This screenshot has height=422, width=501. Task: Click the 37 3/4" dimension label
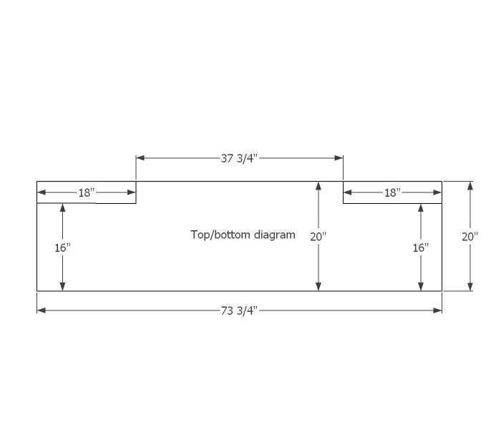pyautogui.click(x=238, y=158)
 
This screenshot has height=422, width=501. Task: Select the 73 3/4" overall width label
pyautogui.click(x=238, y=310)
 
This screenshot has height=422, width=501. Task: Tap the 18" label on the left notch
pyautogui.click(x=87, y=192)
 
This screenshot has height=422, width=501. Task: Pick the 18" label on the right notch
pyautogui.click(x=392, y=192)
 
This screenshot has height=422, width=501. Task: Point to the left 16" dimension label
pyautogui.click(x=62, y=247)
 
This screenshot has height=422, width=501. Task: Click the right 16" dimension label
pyautogui.click(x=421, y=247)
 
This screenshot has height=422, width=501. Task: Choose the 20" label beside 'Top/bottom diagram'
pyautogui.click(x=318, y=236)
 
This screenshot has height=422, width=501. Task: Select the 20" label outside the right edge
pyautogui.click(x=470, y=236)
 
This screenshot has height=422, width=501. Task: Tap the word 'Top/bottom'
pyautogui.click(x=218, y=234)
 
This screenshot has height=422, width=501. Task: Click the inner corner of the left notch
pyautogui.click(x=136, y=203)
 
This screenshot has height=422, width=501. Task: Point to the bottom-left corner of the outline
pyautogui.click(x=37, y=290)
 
